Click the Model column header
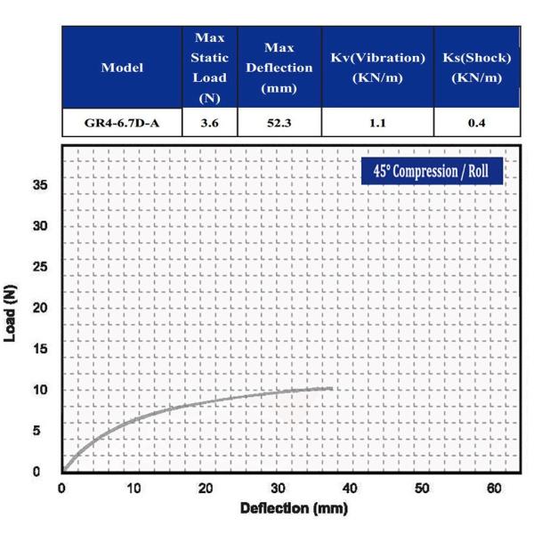click(x=122, y=68)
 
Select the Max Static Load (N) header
click(x=209, y=68)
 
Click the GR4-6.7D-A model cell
click(x=122, y=122)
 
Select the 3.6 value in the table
click(x=209, y=122)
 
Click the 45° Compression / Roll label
click(x=433, y=170)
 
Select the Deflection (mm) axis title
click(x=294, y=508)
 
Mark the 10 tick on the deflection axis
click(x=133, y=488)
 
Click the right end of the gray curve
click(x=331, y=388)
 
